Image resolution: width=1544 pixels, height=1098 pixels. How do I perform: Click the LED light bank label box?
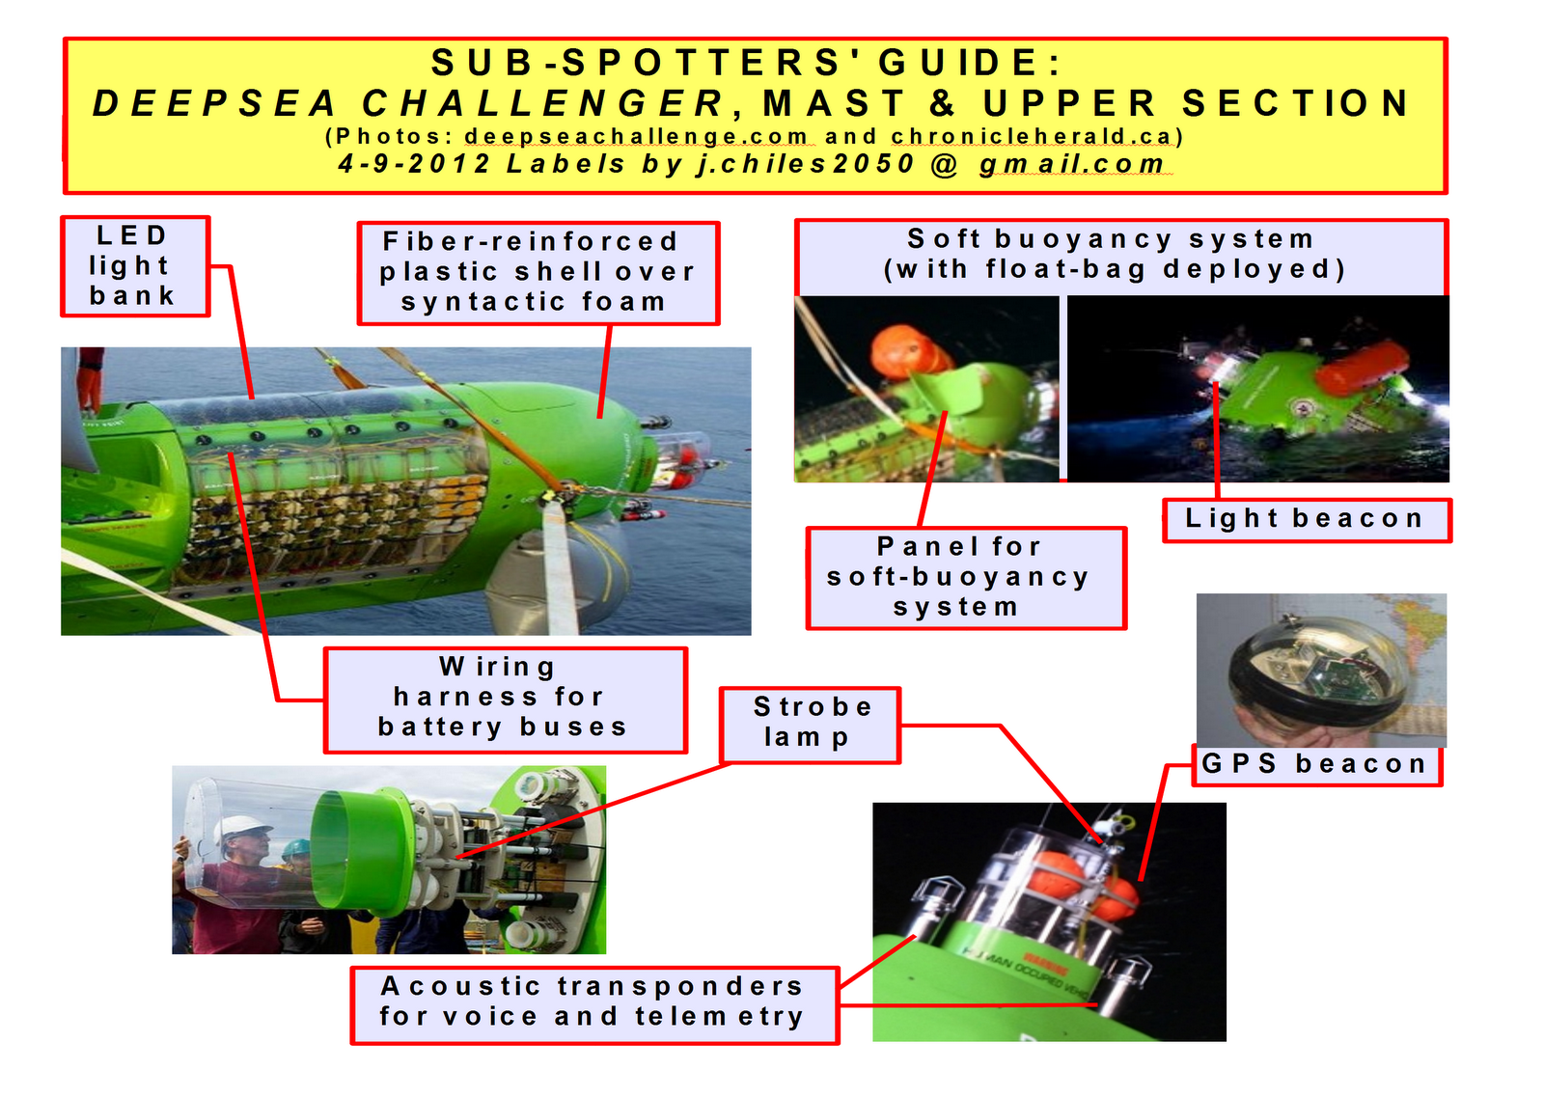pos(136,266)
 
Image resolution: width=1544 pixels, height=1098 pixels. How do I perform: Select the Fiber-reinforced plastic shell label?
pos(539,273)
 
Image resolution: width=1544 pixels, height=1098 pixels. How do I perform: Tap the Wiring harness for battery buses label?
pos(506,700)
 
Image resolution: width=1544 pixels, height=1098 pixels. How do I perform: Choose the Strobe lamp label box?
pos(811,726)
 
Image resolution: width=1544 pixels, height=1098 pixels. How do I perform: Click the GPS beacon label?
pos(1317,765)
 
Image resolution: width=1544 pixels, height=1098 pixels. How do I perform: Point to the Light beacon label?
pos(1307,520)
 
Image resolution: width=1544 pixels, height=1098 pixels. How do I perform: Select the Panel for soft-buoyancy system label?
pos(966,578)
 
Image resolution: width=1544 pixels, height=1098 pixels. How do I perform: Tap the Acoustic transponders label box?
pos(594,1005)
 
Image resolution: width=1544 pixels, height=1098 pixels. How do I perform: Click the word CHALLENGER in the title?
pos(544,105)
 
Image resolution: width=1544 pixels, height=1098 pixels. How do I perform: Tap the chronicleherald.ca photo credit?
pos(1033,136)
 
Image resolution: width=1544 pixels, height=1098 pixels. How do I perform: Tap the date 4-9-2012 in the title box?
pos(414,165)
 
